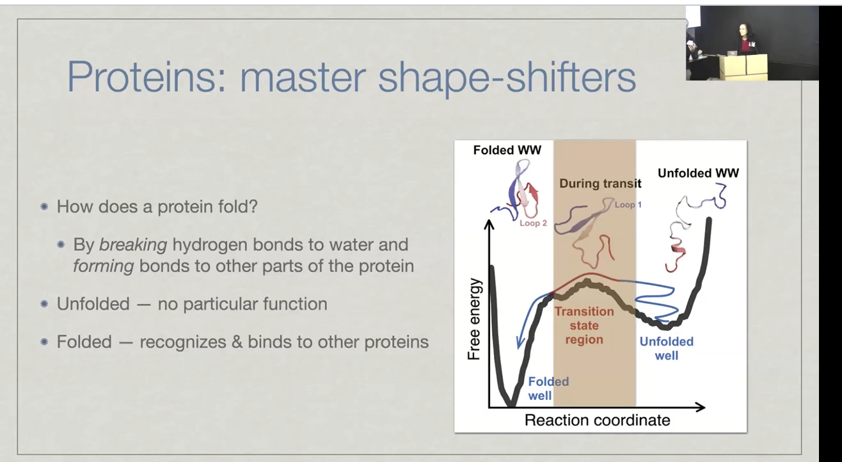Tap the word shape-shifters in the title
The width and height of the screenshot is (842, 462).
tap(507, 79)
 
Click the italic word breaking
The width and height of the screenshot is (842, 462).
tap(133, 244)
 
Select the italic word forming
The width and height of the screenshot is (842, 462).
tap(104, 266)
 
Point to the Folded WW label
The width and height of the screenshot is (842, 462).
tap(507, 150)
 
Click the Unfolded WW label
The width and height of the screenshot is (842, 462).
tap(698, 173)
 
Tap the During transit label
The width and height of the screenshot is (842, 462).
tap(600, 184)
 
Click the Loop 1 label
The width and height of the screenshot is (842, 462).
tap(628, 205)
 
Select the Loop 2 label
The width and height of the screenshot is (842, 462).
tap(533, 223)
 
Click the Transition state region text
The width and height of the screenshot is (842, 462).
tap(584, 326)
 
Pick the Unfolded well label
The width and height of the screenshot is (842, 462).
tap(667, 349)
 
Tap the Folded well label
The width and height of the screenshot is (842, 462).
tap(548, 388)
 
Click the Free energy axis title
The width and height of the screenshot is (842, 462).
tap(473, 319)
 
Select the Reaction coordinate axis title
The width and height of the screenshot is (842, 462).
tap(598, 420)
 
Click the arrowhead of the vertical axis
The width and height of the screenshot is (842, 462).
tap(489, 224)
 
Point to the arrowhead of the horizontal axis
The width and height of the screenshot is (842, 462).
tap(701, 407)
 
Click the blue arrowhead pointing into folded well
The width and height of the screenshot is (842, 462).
tap(520, 343)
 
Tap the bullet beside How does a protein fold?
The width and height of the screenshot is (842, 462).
tap(44, 207)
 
